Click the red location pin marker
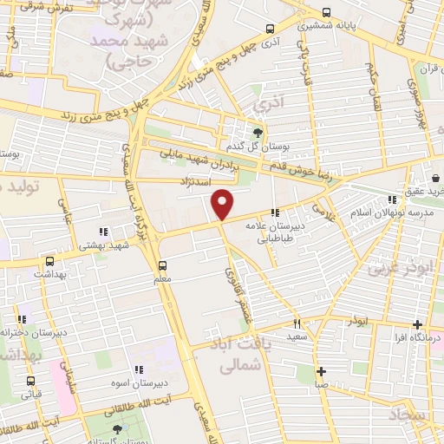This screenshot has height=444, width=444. coord(223,205)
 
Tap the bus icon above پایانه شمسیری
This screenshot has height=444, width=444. coord(325,13)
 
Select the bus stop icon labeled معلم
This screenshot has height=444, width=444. coord(162,266)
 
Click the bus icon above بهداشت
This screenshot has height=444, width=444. coord(49,260)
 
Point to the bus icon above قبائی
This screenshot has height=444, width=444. coord(31,381)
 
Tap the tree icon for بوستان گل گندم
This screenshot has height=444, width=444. coord(258,133)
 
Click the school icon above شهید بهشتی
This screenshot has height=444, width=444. coord(102,232)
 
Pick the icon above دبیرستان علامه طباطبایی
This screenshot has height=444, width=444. coord(275,213)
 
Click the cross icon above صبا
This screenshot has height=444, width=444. coord(321,370)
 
